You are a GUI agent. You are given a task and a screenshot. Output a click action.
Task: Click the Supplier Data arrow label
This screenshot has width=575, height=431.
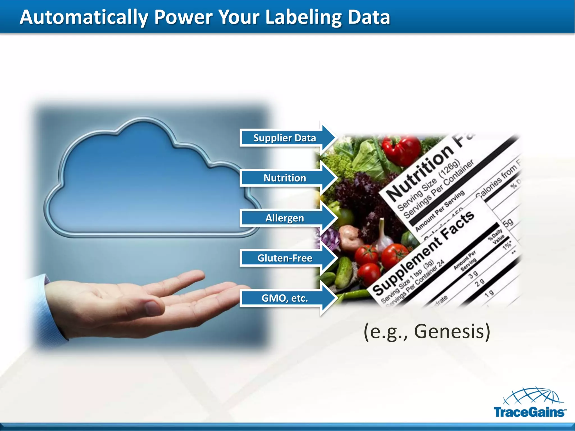[x=284, y=138]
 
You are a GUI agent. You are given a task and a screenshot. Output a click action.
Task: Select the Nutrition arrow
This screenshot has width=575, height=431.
[x=285, y=178]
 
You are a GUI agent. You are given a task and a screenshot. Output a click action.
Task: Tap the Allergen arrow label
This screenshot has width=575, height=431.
[x=285, y=218]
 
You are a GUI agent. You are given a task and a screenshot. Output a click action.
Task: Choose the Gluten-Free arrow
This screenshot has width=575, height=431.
[x=285, y=258]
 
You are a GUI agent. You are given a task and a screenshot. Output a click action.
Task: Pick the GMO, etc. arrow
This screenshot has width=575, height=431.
[x=285, y=298]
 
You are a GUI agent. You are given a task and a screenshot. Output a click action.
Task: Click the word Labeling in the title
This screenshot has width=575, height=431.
[x=303, y=17]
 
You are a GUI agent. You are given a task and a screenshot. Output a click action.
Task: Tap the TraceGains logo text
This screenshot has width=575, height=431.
[x=529, y=412]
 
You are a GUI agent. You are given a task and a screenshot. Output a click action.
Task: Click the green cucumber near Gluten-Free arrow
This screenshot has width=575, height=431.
[x=344, y=272]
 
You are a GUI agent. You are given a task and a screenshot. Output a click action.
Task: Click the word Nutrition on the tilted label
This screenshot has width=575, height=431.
[x=420, y=174]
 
